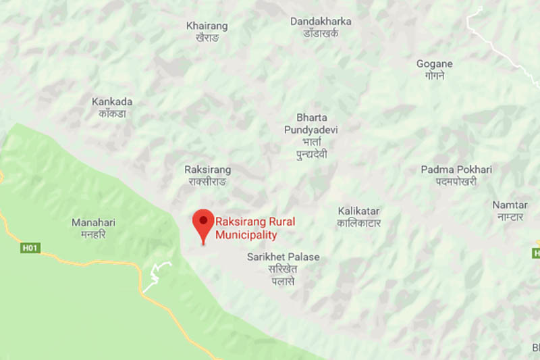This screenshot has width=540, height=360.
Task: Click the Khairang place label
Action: pos(207,26)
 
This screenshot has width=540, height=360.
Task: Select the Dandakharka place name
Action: pos(321,22)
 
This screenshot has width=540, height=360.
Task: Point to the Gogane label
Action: pos(434,64)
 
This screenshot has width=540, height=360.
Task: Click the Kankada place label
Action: pos(112,102)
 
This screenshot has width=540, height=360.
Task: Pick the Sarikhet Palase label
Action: pos(283,257)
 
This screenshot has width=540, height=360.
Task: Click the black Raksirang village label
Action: pos(208,170)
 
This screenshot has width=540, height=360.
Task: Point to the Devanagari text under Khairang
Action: pos(207,38)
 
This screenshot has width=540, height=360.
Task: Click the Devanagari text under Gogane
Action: pos(434,76)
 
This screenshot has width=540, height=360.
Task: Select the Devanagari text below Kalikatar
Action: pos(360,223)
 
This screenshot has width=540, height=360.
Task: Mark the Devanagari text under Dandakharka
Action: pos(321,33)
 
